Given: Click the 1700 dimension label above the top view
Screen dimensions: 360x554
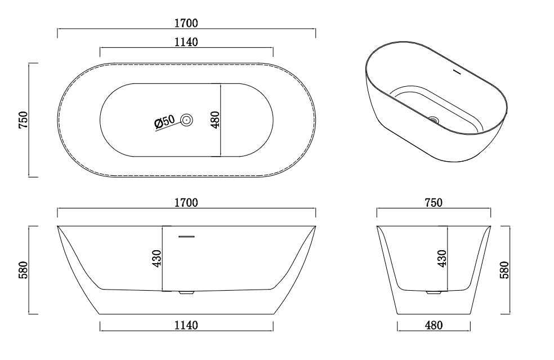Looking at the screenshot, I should [186, 23].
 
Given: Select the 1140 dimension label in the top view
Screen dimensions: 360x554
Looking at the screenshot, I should [186, 42].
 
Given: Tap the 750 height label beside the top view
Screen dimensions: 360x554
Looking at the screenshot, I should [23, 120].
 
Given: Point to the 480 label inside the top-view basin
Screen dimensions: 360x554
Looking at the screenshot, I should [214, 120].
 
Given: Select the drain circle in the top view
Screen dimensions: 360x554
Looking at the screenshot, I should [186, 120].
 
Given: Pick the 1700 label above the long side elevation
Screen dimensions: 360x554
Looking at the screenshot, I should [186, 203].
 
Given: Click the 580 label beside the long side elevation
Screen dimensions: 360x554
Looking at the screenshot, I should [23, 270].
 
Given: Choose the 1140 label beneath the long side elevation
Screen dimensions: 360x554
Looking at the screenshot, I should [186, 325].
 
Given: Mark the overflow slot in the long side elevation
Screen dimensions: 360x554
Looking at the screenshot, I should [186, 237].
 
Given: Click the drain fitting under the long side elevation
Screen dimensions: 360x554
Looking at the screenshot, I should [186, 292].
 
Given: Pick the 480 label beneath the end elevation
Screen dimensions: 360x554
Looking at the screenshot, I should [434, 325].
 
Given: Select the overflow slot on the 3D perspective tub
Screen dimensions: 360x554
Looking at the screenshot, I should [457, 72].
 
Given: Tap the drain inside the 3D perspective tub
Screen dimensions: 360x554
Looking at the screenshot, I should [434, 119].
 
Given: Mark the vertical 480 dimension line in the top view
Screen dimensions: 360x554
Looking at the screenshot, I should [220, 120].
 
